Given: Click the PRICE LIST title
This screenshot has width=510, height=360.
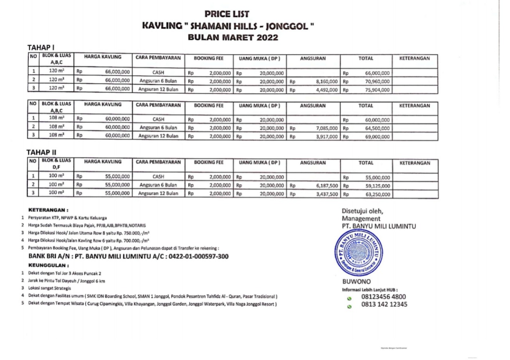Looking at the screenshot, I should coord(227,14).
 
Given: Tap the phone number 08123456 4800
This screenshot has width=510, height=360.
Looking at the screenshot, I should coord(384,297).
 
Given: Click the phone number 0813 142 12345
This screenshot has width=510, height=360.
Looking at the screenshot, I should coord(384,305).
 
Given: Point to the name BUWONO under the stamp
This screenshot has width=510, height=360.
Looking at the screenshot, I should coord(354,281).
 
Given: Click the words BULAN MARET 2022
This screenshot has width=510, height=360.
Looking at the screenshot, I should coord(227,38).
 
